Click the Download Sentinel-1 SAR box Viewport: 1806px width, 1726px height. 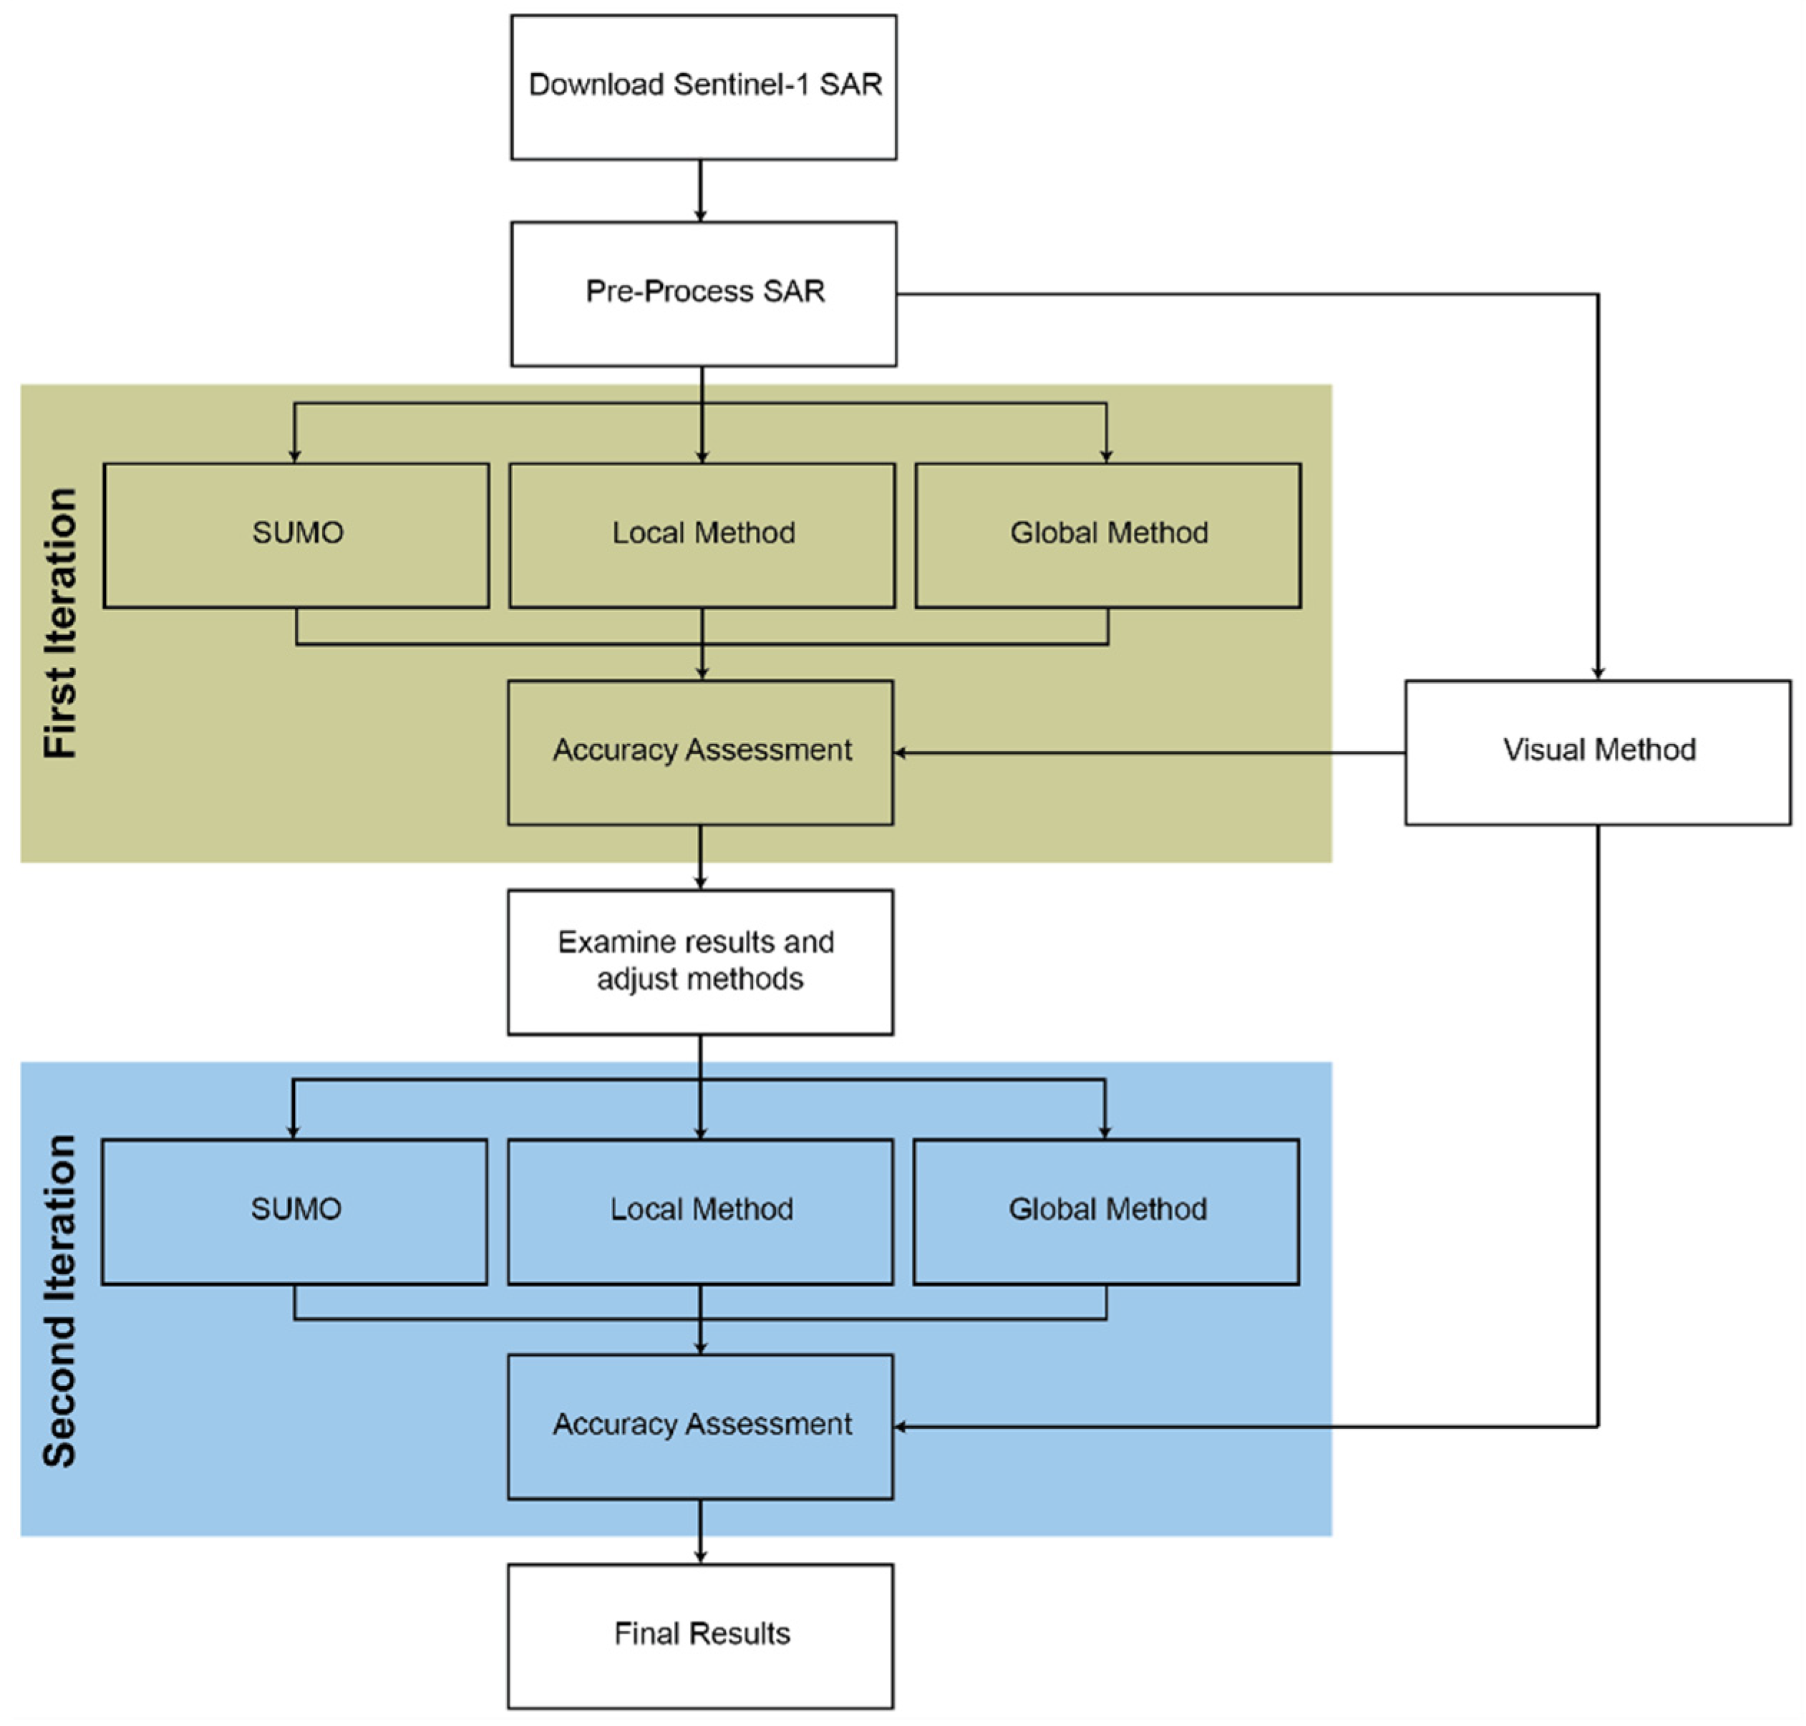pos(703,87)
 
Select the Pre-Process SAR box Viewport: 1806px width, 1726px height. pos(703,293)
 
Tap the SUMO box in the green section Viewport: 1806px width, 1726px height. pos(296,535)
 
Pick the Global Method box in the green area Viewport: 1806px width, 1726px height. pos(1107,535)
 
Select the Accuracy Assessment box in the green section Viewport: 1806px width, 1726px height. pos(699,752)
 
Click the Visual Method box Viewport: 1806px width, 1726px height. pos(1596,752)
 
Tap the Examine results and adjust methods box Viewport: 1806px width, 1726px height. pos(699,961)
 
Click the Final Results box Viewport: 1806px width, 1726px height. pos(699,1635)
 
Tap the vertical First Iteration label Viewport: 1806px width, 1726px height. pos(61,623)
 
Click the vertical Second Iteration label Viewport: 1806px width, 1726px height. pos(61,1300)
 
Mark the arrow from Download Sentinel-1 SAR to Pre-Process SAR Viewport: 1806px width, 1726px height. pos(700,190)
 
